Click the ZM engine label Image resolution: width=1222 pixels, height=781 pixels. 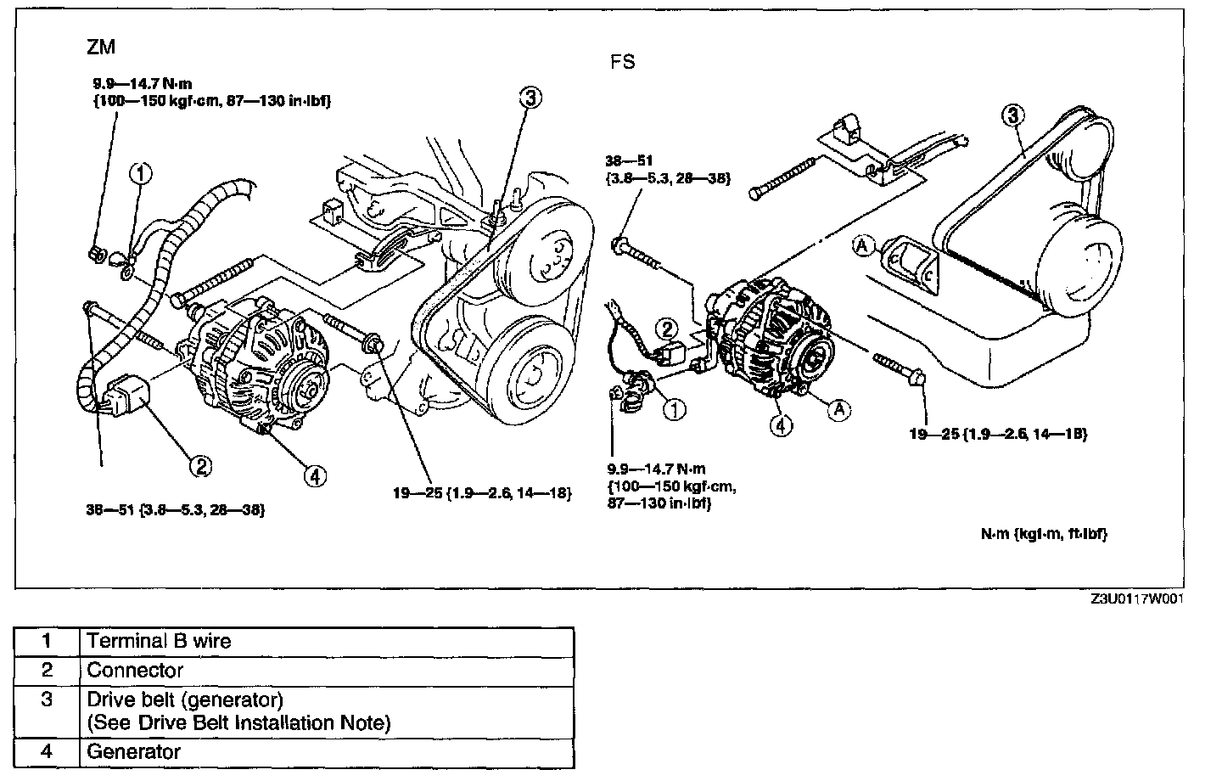tap(101, 48)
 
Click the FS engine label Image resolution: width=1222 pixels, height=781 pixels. tap(622, 62)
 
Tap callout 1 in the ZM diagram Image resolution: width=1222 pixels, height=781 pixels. tap(141, 173)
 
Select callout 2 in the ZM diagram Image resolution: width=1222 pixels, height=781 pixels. tap(200, 464)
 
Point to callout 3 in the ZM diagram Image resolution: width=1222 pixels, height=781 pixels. tap(529, 98)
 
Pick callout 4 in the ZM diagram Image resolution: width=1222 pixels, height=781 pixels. tap(315, 476)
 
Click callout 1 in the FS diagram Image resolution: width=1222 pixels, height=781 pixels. tap(674, 410)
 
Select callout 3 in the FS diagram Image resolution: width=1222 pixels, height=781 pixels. tap(1012, 115)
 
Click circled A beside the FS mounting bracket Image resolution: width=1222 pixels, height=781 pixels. tap(863, 246)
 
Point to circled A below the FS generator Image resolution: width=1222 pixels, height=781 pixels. tap(838, 409)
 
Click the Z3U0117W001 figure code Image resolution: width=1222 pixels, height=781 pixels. tap(1136, 598)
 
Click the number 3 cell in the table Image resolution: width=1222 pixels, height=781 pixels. tap(48, 700)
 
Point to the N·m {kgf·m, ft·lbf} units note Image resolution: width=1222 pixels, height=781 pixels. tap(1044, 534)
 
